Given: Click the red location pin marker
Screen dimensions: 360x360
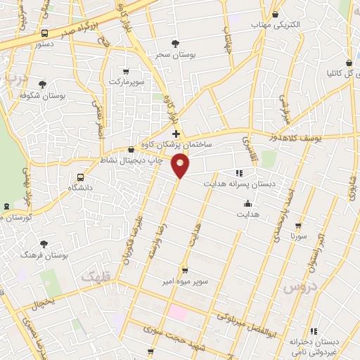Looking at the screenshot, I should click(181, 165).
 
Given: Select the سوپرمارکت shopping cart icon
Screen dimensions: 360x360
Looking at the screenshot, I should click(126, 71).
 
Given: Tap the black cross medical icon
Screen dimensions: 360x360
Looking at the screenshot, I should click(176, 134).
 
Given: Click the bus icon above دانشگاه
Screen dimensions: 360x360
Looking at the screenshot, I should click(80, 177).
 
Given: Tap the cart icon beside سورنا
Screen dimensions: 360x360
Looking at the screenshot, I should click(301, 226).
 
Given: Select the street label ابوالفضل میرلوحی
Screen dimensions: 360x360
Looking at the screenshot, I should click(243, 324).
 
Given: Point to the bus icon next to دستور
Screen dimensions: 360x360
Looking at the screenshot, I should click(45, 33).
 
